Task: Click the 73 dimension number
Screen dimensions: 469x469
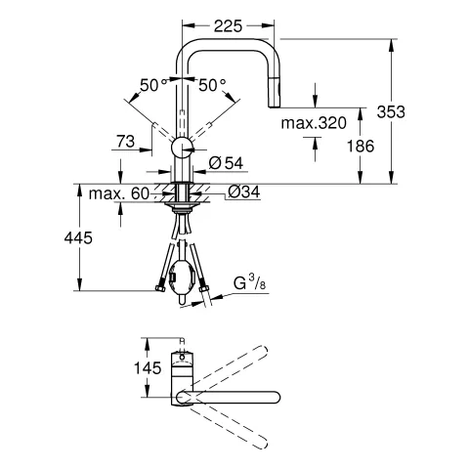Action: pyautogui.click(x=124, y=143)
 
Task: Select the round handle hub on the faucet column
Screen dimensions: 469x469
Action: pyautogui.click(x=182, y=149)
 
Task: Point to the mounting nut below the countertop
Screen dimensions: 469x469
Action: pyautogui.click(x=182, y=207)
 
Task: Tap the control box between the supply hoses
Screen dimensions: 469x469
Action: pyautogui.click(x=180, y=277)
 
